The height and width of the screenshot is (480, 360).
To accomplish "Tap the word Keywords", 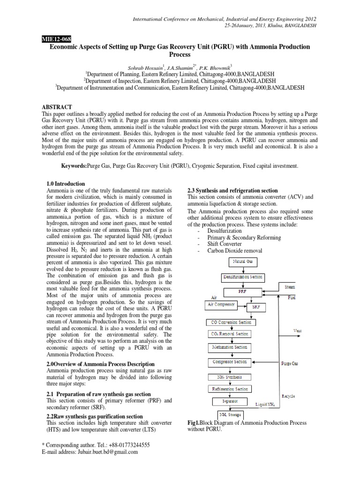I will pyautogui.click(x=77, y=166).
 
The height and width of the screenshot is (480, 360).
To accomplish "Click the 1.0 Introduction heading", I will pyautogui.click(x=66, y=184).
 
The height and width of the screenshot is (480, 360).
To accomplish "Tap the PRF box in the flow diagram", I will pyautogui.click(x=242, y=291).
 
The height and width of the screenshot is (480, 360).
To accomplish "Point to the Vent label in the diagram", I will pyautogui.click(x=298, y=331).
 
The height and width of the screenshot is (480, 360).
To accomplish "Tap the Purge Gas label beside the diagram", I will pyautogui.click(x=290, y=363).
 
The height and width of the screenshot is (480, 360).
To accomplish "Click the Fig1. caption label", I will pyautogui.click(x=194, y=422).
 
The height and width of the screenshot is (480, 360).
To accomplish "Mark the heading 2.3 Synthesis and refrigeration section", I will pyautogui.click(x=232, y=190).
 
